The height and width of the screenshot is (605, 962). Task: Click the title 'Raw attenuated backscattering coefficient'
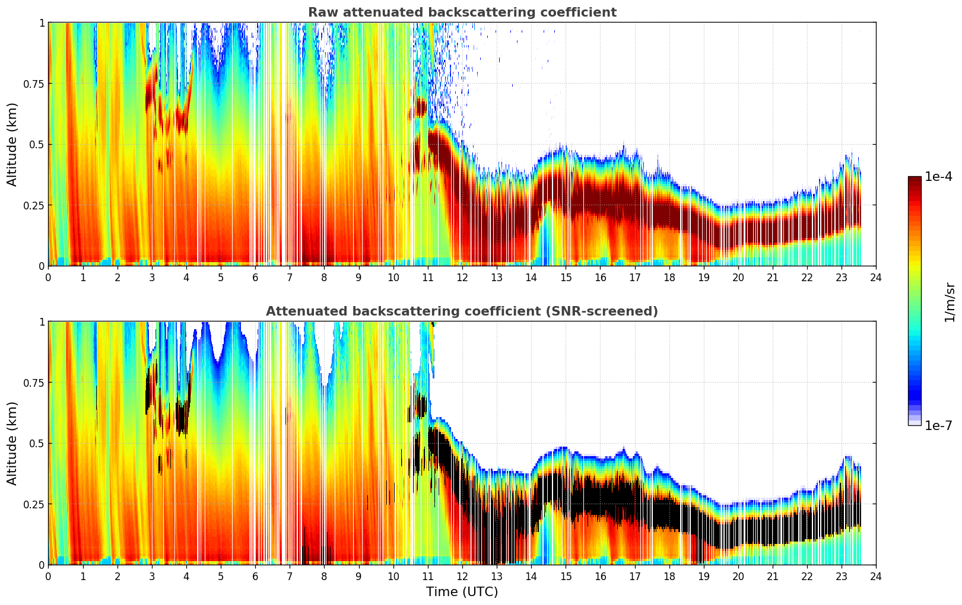[x=462, y=12]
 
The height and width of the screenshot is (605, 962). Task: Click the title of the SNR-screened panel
[x=462, y=311]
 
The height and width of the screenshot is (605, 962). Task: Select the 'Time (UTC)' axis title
[x=462, y=592]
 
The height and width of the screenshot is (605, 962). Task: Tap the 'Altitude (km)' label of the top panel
[x=12, y=144]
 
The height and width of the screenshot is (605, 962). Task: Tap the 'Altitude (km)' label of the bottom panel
[x=12, y=443]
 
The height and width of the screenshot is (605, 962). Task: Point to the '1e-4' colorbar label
[x=939, y=177]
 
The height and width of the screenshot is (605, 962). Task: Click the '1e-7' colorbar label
[x=939, y=426]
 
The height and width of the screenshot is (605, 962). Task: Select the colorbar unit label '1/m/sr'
[x=950, y=302]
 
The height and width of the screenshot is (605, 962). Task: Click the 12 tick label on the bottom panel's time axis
[x=462, y=577]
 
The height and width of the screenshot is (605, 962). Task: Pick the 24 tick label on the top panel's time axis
[x=876, y=278]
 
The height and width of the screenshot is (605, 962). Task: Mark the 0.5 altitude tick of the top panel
[x=37, y=144]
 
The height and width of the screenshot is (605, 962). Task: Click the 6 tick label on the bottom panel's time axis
[x=255, y=577]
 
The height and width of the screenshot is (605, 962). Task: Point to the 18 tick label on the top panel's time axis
[x=669, y=278]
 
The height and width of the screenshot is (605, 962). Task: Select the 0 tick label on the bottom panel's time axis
[x=49, y=577]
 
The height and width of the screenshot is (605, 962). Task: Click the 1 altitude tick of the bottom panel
[x=42, y=322]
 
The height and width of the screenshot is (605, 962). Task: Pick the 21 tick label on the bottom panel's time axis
[x=773, y=577]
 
